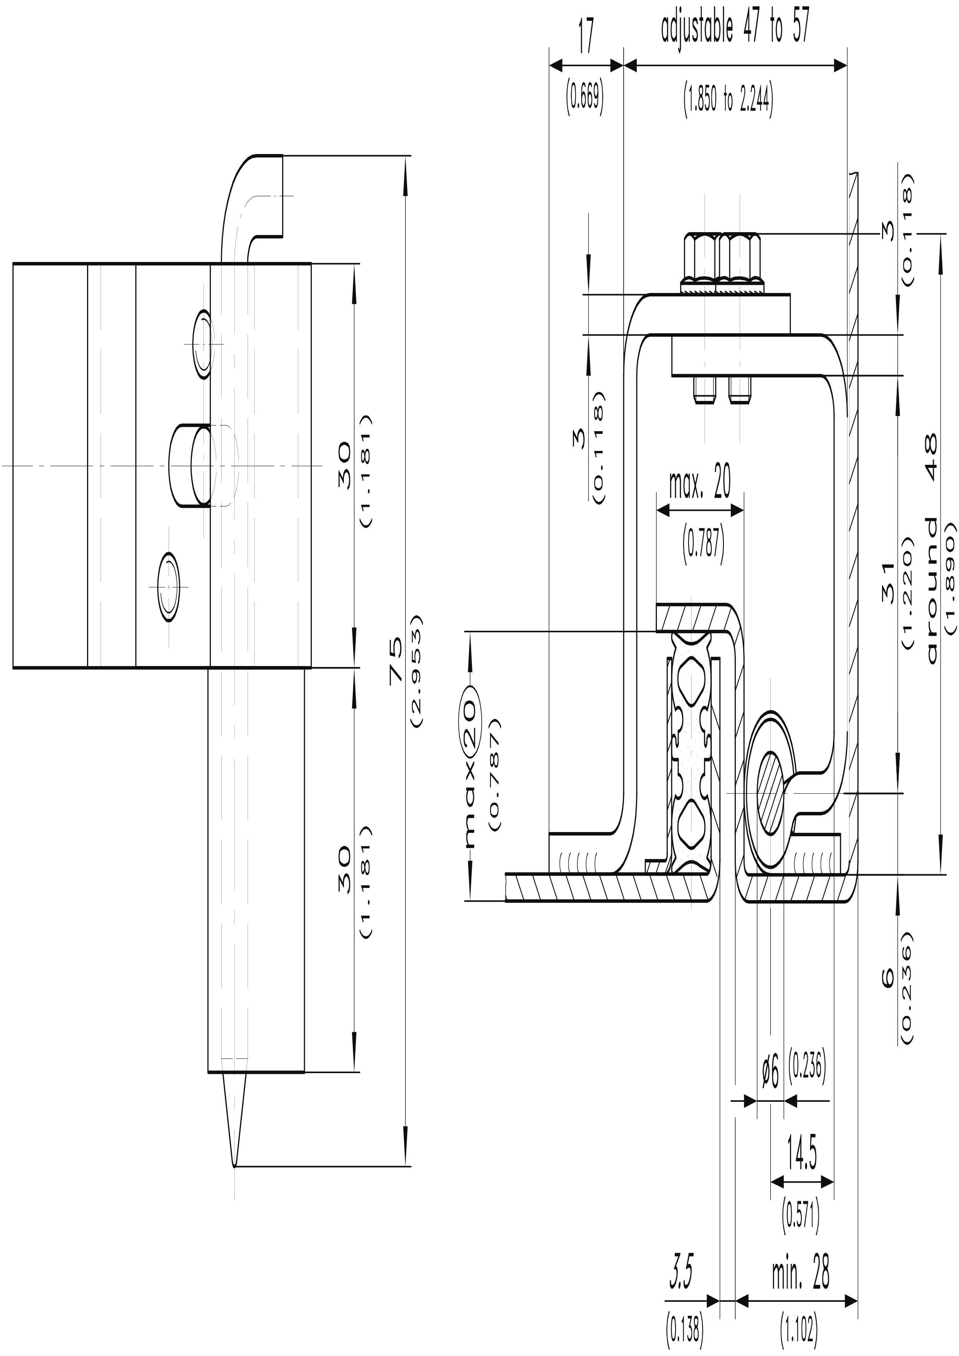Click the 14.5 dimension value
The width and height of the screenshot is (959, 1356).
(802, 1154)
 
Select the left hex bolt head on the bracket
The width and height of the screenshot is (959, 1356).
(701, 258)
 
